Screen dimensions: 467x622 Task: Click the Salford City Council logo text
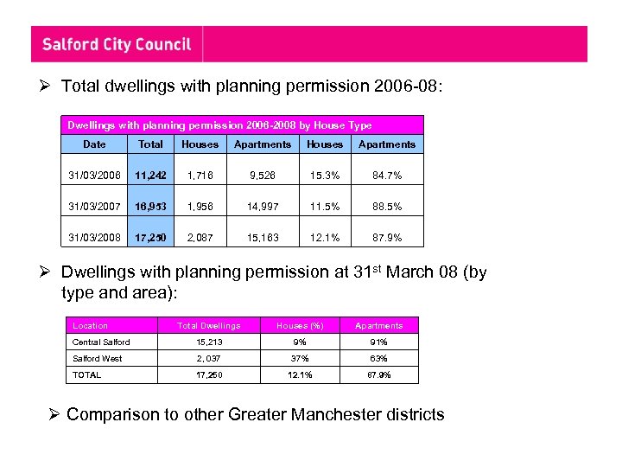[x=117, y=44]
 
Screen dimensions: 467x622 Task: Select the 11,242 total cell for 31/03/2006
[x=150, y=176]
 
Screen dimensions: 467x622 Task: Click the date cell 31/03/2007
[x=94, y=207]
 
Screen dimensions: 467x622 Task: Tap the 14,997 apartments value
[x=263, y=207]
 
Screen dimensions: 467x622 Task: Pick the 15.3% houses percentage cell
[x=325, y=176]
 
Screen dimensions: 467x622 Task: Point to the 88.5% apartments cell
[x=387, y=207]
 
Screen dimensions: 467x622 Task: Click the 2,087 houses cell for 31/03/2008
[x=200, y=238]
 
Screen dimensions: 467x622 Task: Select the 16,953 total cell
[x=150, y=207]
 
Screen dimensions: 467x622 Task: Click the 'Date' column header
[x=94, y=144]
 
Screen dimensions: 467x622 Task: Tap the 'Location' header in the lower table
[x=91, y=326]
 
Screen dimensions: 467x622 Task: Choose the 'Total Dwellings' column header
[x=208, y=326]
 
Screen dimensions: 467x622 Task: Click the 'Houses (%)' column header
[x=299, y=326]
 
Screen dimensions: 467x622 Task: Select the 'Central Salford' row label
[x=101, y=342]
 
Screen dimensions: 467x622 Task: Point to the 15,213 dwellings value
[x=208, y=342]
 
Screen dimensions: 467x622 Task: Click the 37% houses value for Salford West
[x=299, y=358]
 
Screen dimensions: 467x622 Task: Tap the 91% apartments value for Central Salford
[x=378, y=342]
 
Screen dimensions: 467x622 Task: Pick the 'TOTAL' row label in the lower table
[x=87, y=374]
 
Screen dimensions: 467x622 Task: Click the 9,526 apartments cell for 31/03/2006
[x=263, y=176]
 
